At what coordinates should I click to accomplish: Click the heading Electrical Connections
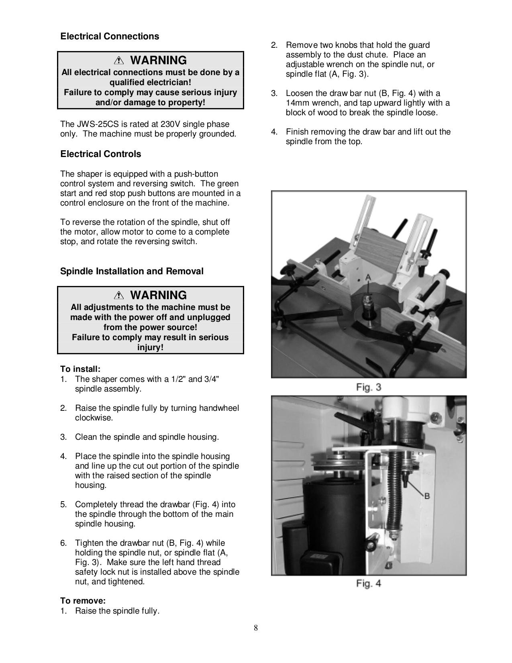click(110, 37)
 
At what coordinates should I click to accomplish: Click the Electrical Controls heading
click(100, 154)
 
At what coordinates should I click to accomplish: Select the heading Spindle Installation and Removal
click(132, 271)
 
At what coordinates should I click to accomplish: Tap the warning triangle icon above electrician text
click(119, 61)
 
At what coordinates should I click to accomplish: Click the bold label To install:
click(80, 369)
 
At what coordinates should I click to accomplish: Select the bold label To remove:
click(83, 601)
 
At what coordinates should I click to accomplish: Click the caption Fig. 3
click(368, 388)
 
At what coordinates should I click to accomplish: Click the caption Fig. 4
click(368, 584)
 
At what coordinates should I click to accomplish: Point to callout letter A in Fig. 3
click(368, 277)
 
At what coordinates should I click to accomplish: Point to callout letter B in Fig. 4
click(427, 496)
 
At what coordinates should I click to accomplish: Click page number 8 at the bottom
click(256, 628)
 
